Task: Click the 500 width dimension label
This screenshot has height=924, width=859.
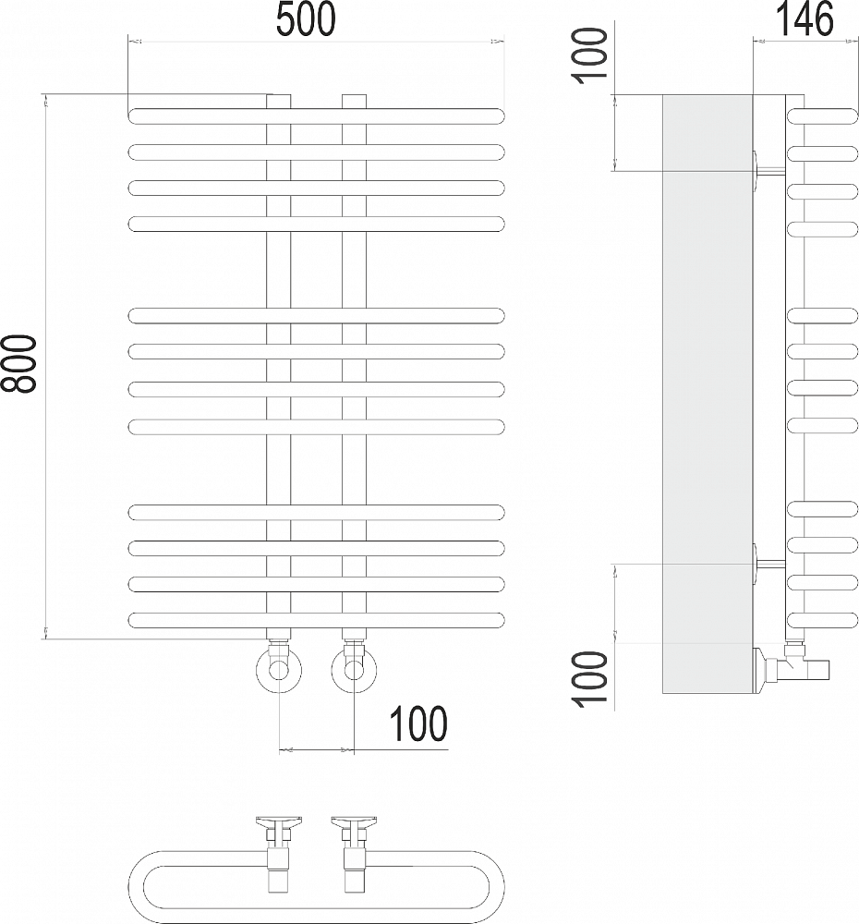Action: pyautogui.click(x=306, y=19)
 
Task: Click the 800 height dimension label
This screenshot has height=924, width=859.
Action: pyautogui.click(x=18, y=363)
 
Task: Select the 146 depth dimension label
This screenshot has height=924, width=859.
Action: pyautogui.click(x=804, y=18)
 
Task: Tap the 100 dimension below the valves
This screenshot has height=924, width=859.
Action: pyautogui.click(x=418, y=723)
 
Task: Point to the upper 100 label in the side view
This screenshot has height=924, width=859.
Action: pyautogui.click(x=591, y=56)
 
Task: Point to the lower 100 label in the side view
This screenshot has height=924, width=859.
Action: pyautogui.click(x=591, y=679)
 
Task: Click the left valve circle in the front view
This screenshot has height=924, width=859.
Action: pyautogui.click(x=279, y=671)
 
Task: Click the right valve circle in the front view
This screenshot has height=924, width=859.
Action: pyautogui.click(x=354, y=671)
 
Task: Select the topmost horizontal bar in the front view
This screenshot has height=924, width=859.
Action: pyautogui.click(x=317, y=116)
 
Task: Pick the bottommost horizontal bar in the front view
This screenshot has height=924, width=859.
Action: pyautogui.click(x=317, y=621)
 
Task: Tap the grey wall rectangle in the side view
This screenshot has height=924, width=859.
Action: pyautogui.click(x=708, y=394)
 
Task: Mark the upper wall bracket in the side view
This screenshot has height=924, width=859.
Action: pyautogui.click(x=768, y=171)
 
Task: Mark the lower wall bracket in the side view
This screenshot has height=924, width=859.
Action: pyautogui.click(x=768, y=564)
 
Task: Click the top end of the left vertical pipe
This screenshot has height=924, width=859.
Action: pyautogui.click(x=279, y=95)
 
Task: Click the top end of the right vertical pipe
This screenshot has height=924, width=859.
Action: pyautogui.click(x=354, y=95)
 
